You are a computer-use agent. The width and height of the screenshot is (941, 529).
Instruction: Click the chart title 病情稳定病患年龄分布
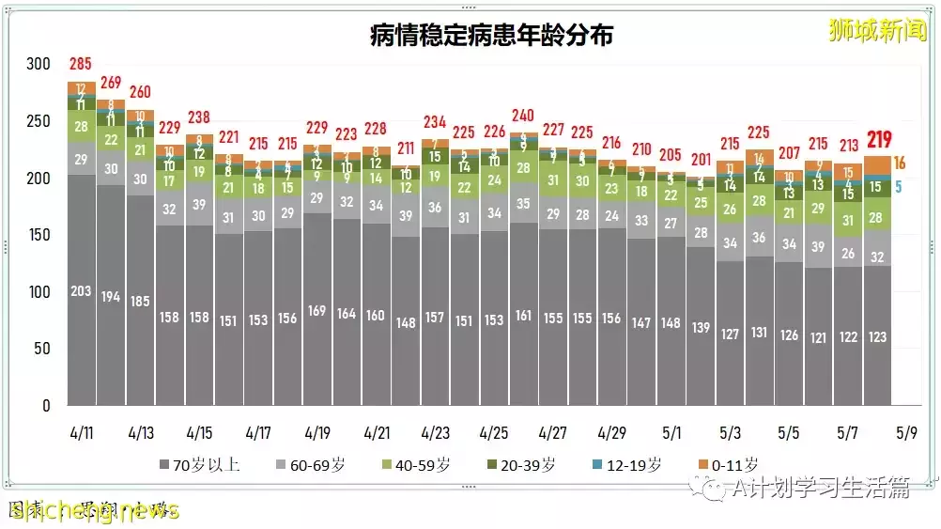tap(491, 36)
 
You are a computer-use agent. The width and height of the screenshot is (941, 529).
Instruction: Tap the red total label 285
tap(81, 65)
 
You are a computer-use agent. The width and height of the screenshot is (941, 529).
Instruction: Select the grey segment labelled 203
tap(81, 291)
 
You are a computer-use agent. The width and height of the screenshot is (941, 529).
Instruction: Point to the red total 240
tap(522, 117)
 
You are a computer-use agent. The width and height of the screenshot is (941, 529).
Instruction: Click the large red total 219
tap(879, 140)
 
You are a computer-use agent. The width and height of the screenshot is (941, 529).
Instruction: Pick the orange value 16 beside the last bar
tap(899, 163)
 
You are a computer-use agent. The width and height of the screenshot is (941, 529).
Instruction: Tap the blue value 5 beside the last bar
tap(898, 187)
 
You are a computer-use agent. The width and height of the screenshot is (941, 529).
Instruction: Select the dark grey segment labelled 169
tap(316, 311)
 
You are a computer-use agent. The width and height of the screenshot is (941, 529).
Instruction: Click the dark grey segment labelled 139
tap(700, 327)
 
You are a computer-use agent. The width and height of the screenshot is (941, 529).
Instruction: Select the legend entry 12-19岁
tap(632, 464)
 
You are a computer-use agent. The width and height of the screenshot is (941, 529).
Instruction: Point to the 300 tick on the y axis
tap(39, 64)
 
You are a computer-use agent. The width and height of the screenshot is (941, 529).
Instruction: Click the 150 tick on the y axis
tap(39, 235)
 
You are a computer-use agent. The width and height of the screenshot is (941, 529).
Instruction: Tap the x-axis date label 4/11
tap(82, 433)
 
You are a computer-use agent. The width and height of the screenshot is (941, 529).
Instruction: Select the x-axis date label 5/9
tap(907, 433)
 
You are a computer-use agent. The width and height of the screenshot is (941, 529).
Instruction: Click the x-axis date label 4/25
tap(494, 433)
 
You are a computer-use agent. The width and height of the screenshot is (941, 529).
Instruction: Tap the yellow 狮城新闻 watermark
tap(877, 30)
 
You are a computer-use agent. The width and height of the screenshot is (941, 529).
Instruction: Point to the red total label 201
tap(701, 160)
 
